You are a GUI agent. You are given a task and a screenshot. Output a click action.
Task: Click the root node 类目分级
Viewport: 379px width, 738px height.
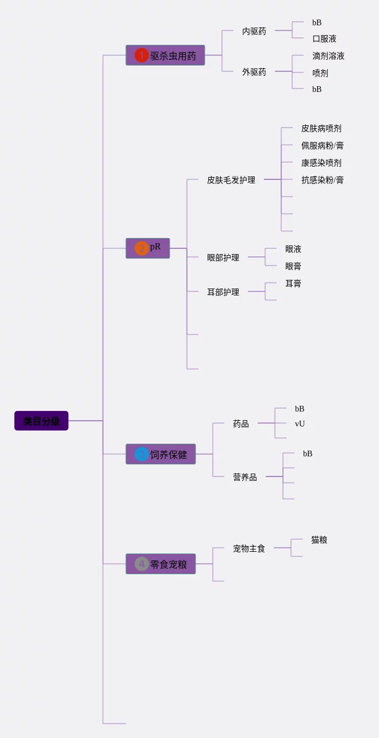pos(41,421)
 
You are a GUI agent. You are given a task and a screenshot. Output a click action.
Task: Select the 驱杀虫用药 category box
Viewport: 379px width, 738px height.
pos(166,55)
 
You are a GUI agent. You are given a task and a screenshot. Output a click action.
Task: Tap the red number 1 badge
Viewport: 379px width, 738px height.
pos(141,55)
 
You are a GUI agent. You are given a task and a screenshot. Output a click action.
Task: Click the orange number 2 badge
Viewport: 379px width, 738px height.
pos(141,248)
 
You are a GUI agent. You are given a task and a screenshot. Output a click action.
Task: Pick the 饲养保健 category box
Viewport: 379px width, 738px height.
pos(161,454)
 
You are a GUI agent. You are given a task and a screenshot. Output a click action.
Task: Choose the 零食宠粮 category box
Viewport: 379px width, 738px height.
pos(161,564)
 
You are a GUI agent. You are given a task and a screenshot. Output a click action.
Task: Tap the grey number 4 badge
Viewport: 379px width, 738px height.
pos(141,564)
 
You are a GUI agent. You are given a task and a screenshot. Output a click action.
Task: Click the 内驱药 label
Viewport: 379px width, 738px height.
pos(254,31)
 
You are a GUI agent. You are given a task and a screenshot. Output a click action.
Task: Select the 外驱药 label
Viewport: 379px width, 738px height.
pos(254,72)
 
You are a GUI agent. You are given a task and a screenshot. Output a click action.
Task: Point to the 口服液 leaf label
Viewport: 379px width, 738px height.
pos(324,39)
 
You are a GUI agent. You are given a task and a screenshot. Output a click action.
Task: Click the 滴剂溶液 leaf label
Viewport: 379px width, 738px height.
pos(328,56)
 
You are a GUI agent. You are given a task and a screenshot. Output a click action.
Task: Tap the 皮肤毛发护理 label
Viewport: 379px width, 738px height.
pos(231,180)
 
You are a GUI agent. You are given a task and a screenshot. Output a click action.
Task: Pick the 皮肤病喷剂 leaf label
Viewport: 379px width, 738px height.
pos(321,128)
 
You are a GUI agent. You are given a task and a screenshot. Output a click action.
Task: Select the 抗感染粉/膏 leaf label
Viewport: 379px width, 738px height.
pos(323,180)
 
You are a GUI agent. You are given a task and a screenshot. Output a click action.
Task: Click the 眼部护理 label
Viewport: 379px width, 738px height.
pos(223,257)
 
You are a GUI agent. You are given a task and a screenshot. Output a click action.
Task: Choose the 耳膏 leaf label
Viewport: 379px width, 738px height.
pos(293,283)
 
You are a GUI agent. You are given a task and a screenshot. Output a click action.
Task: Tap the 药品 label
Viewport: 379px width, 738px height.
pos(241,424)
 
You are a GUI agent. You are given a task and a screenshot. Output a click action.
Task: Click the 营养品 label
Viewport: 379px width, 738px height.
pos(245,477)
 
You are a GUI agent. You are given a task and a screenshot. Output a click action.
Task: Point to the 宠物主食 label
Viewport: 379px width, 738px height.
pos(249,548)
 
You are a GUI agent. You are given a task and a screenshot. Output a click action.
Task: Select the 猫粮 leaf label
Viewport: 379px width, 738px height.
pos(319,540)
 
